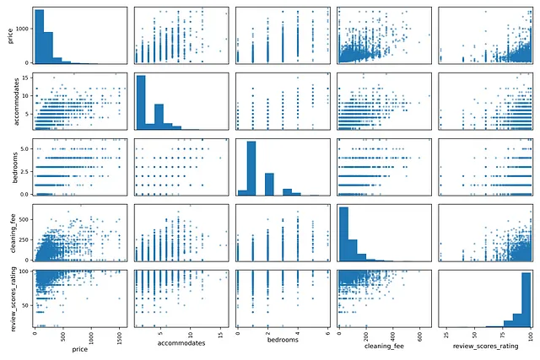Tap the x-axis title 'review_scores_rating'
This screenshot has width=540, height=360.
(483, 348)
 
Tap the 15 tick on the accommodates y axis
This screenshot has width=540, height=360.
(24, 78)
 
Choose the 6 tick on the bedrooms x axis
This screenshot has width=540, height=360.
(326, 336)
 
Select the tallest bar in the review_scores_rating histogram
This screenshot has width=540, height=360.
(525, 298)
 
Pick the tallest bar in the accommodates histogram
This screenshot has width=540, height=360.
(141, 102)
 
